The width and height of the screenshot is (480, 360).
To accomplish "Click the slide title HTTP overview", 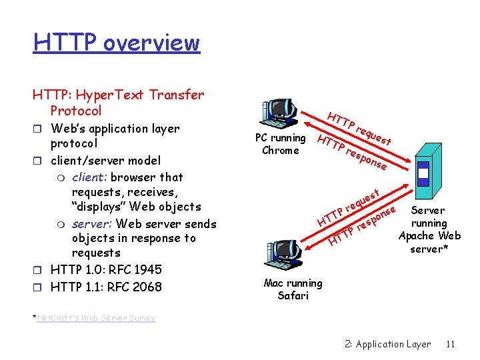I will pyautogui.click(x=117, y=43).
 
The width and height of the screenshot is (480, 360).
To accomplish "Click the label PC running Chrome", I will pyautogui.click(x=281, y=144).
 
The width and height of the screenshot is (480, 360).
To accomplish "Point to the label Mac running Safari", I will pyautogui.click(x=293, y=289).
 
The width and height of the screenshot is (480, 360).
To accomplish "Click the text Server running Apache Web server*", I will pyautogui.click(x=429, y=229).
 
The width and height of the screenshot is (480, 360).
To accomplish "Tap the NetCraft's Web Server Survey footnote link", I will pyautogui.click(x=96, y=318).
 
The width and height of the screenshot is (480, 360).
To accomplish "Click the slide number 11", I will pyautogui.click(x=450, y=344).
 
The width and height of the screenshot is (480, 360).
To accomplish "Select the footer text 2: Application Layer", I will pyautogui.click(x=388, y=344).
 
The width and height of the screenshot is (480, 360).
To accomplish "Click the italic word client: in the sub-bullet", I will pyautogui.click(x=90, y=177).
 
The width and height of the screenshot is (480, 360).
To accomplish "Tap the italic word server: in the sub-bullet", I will pyautogui.click(x=93, y=224).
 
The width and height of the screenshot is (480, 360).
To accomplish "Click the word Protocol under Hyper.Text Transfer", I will pyautogui.click(x=76, y=111).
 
